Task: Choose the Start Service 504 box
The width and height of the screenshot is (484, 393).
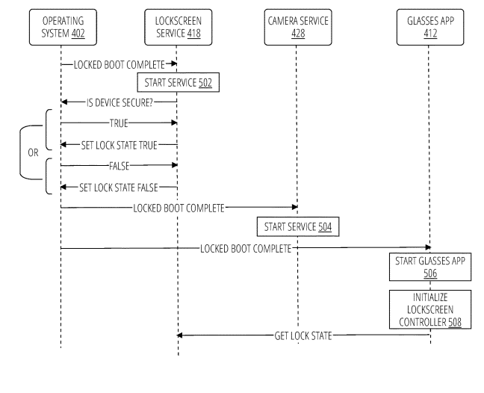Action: (x=297, y=226)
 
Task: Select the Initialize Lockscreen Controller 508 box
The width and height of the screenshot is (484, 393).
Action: (x=429, y=309)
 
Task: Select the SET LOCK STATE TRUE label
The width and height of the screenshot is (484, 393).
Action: (x=117, y=144)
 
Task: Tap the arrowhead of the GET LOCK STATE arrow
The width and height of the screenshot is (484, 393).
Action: (x=180, y=335)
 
